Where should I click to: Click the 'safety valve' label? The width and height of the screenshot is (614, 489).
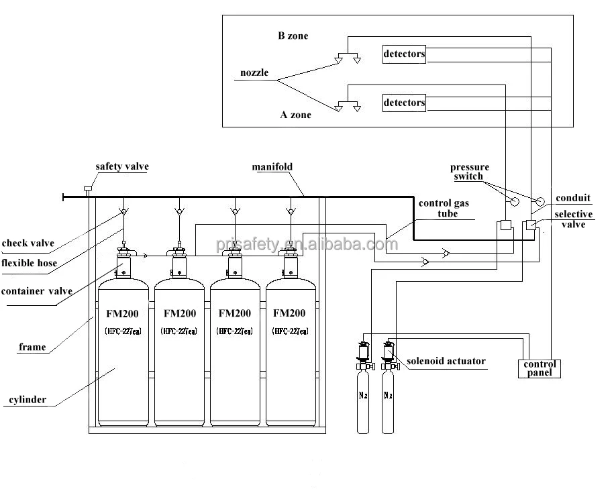tap(122, 167)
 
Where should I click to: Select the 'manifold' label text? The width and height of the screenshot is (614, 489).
tap(272, 167)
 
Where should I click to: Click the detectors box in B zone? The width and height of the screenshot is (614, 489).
tap(404, 54)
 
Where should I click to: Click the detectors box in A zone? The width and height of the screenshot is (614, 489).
tap(404, 103)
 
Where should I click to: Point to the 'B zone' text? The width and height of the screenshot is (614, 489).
tap(293, 36)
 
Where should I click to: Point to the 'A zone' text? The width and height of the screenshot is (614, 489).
tap(296, 115)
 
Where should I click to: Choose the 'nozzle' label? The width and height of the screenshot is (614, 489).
tap(254, 73)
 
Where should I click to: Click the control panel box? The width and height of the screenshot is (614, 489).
tap(540, 369)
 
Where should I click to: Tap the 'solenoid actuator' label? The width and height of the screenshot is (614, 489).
tap(446, 361)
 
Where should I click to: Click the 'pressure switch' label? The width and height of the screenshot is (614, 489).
tap(470, 172)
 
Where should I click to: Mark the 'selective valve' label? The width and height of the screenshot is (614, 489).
tap(573, 219)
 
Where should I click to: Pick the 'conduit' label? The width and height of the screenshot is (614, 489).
tap(573, 198)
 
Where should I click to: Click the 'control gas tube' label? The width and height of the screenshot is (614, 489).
tap(444, 209)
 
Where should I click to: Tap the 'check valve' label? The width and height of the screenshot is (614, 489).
tap(28, 243)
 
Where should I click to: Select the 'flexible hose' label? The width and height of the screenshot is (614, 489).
tap(30, 263)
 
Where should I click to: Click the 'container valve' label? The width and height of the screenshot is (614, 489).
tap(37, 291)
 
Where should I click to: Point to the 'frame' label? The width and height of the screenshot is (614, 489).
tap(32, 347)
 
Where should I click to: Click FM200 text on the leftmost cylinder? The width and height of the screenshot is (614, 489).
tap(122, 314)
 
